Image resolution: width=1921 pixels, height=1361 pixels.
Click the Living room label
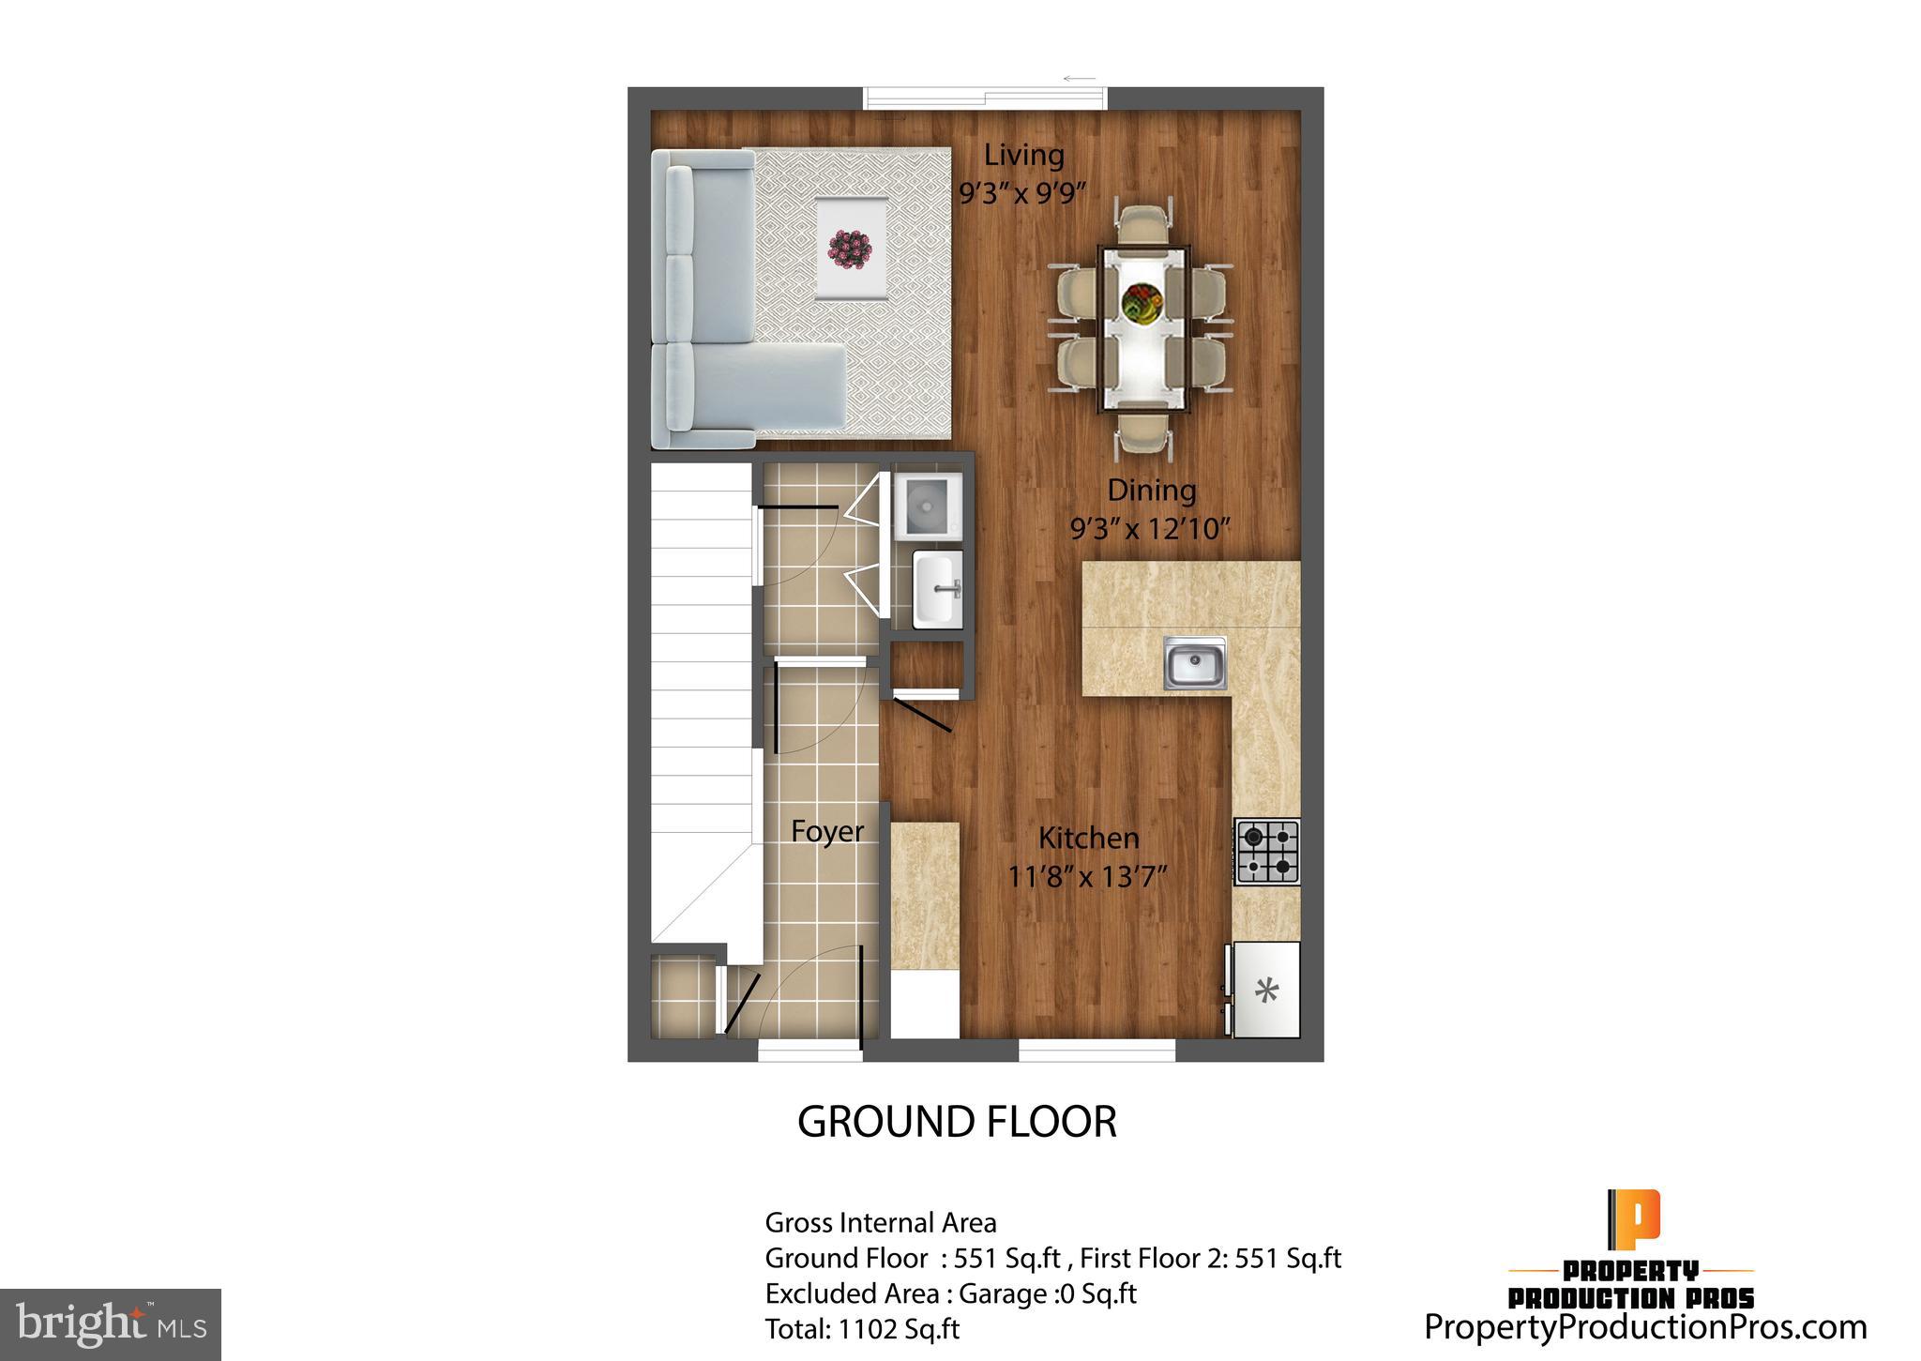point(1023,155)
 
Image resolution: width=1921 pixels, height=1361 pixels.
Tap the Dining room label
point(1151,490)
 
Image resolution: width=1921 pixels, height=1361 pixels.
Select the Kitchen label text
point(1088,838)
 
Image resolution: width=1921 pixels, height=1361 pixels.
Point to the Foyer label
point(826,831)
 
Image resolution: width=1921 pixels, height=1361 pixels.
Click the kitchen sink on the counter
point(1194,662)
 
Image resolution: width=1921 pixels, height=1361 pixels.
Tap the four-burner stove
point(1267,852)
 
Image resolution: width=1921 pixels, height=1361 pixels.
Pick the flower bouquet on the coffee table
point(850,248)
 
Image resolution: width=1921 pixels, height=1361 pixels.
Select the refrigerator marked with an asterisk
point(1266,991)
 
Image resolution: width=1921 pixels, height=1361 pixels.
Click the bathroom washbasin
point(938,587)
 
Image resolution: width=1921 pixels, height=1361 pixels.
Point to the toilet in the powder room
point(927,507)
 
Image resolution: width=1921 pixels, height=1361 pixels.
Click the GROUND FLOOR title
point(957,1122)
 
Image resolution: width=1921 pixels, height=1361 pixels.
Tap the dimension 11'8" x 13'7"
point(1087,877)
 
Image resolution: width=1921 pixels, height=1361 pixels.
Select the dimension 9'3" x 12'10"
point(1150,529)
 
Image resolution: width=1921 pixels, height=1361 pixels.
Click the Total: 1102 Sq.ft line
point(862,1329)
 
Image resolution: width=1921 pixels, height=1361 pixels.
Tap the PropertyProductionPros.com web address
point(1645,1327)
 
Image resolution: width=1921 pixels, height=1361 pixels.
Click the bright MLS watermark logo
point(111,1324)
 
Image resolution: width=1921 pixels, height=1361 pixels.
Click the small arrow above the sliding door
point(1080,79)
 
